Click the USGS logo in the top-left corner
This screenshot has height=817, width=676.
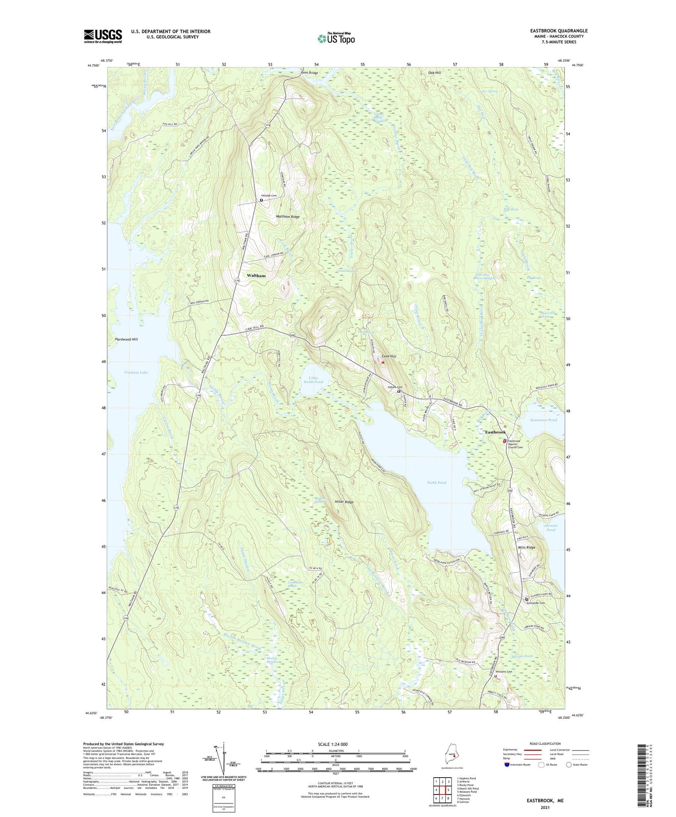coord(103,36)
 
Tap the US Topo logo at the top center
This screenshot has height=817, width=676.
coord(336,38)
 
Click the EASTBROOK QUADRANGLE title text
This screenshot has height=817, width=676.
coord(557,31)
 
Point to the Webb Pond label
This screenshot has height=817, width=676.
coord(436,482)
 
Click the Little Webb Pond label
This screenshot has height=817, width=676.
coord(313,380)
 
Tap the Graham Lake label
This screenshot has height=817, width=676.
coord(136,372)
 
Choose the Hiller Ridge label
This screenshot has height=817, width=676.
coord(344,502)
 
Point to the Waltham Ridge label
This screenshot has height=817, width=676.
coord(288,217)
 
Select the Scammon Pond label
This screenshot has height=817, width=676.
coord(544,420)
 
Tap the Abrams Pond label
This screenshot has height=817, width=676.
coord(551,527)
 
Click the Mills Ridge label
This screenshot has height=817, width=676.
coord(526,547)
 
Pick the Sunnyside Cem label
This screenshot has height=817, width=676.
coord(536,603)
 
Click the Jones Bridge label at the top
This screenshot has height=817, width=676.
coord(309,73)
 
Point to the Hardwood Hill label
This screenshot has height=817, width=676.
coord(126,339)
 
